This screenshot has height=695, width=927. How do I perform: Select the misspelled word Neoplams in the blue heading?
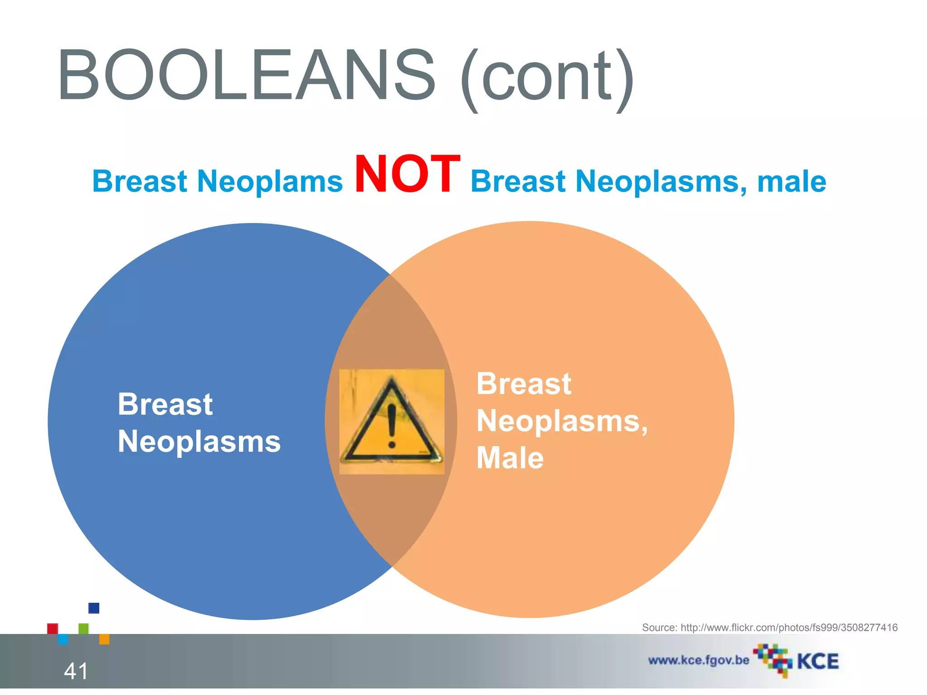point(270,181)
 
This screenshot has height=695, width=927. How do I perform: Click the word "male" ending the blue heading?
point(792,181)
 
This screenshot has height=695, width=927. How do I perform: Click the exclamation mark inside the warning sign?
point(392,425)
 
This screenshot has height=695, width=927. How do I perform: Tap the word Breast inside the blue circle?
point(165,404)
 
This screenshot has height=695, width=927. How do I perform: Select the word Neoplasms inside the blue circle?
point(199,442)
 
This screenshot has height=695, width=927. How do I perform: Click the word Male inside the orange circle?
point(510,458)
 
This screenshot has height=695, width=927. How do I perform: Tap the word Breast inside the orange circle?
point(524,384)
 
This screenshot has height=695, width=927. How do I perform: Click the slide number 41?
point(76,671)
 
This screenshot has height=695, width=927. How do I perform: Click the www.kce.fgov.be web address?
point(698,660)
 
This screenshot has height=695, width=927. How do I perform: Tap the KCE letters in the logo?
point(817,662)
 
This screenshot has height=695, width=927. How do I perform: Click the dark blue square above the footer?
point(94,608)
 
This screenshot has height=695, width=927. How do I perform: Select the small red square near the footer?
point(53,628)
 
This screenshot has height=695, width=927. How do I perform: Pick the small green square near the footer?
point(84,628)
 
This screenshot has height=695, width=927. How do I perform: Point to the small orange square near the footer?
point(104,639)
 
